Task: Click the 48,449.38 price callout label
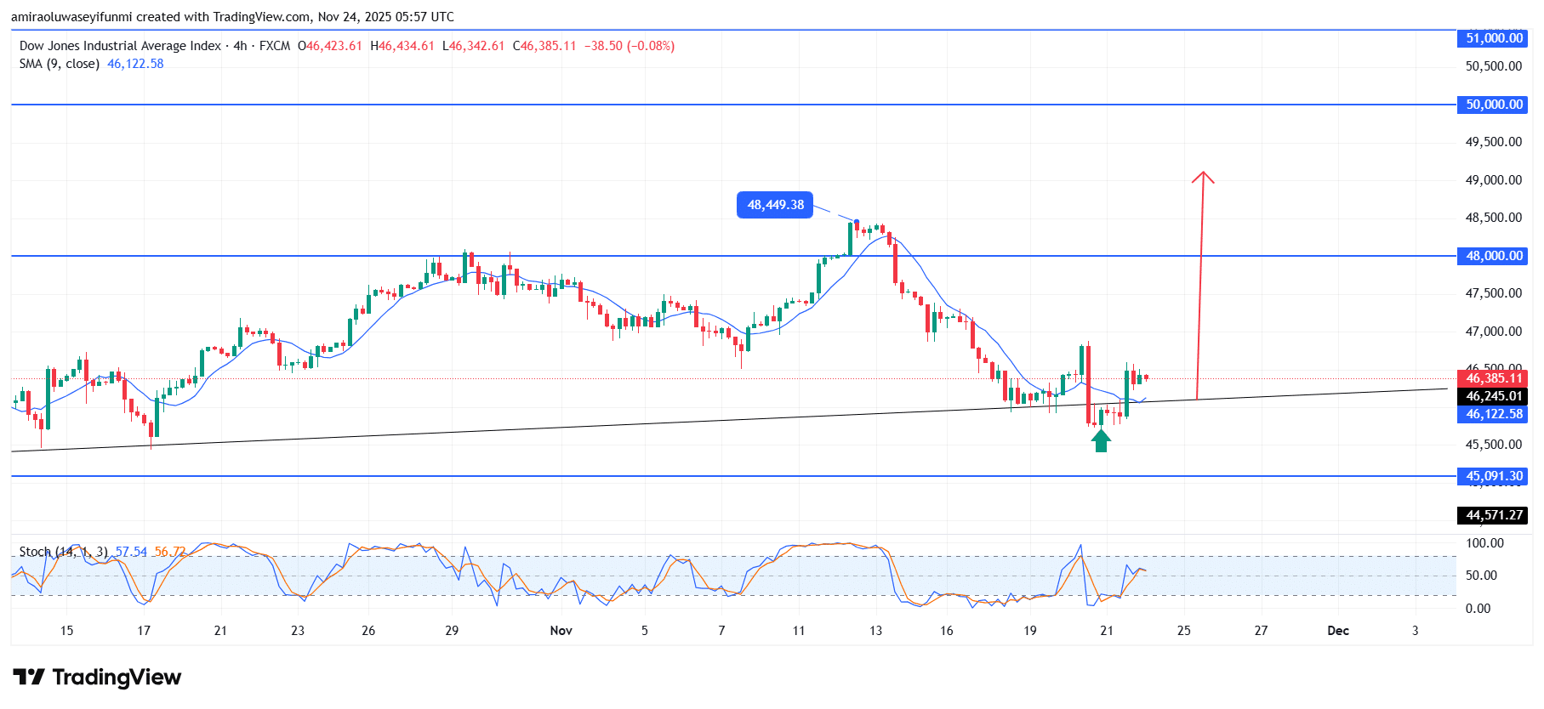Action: (775, 205)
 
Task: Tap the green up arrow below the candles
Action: (1101, 440)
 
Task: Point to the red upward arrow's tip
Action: (1203, 173)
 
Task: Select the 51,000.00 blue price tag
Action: (1494, 38)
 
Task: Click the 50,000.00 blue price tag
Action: (1494, 105)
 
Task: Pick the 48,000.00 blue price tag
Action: (1494, 256)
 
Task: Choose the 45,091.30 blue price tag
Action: (1494, 476)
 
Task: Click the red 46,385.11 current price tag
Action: (1494, 378)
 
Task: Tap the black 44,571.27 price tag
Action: (1494, 515)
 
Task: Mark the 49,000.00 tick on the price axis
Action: (1493, 180)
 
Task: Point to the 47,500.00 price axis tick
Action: (1493, 293)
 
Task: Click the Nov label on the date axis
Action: (561, 631)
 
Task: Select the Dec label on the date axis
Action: (1338, 631)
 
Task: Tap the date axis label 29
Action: (452, 631)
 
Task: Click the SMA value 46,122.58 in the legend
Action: (135, 64)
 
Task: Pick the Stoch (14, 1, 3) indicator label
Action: (64, 552)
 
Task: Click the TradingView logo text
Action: (117, 678)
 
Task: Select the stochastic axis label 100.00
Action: (1484, 543)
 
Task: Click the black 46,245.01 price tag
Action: (1494, 396)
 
